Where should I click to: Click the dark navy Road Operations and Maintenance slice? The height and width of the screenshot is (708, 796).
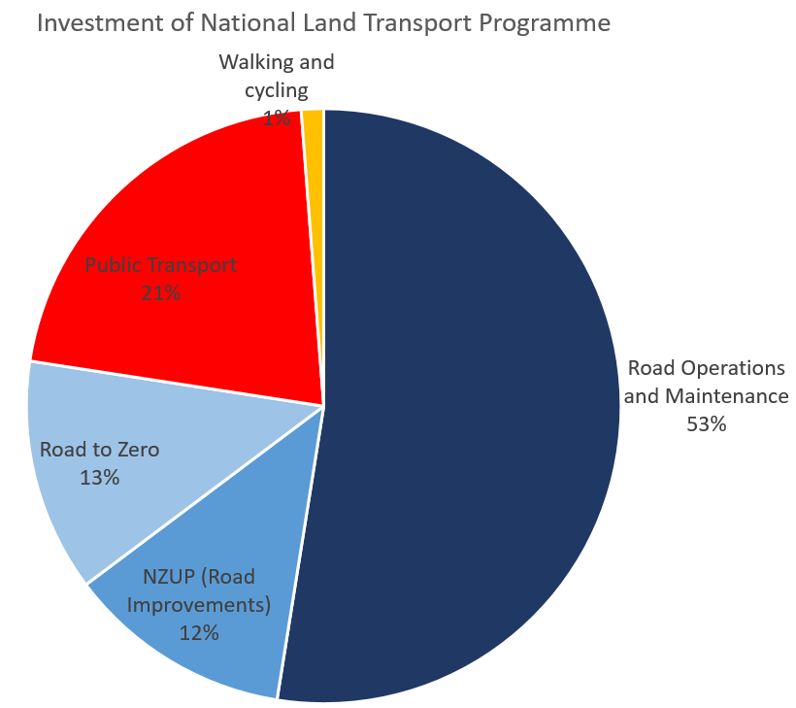pyautogui.click(x=466, y=408)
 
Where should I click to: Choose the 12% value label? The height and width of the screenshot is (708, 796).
pyautogui.click(x=199, y=632)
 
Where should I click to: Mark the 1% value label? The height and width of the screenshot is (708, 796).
pyautogui.click(x=277, y=118)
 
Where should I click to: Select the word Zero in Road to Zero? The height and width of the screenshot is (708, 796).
pyautogui.click(x=137, y=450)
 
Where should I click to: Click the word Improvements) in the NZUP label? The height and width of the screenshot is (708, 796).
pyautogui.click(x=199, y=604)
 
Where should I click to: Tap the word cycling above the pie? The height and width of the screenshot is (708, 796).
pyautogui.click(x=276, y=90)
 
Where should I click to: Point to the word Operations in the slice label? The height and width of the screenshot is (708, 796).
pyautogui.click(x=727, y=368)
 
